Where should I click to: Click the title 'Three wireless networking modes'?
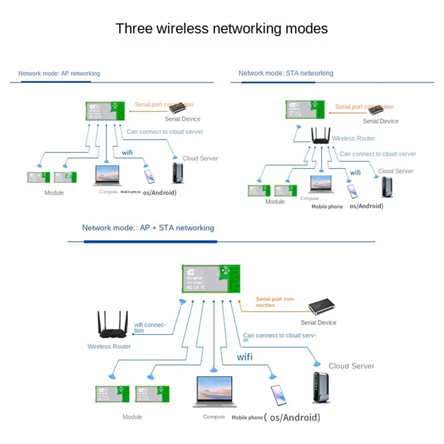pos(221,28)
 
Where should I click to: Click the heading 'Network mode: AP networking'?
pos(59,73)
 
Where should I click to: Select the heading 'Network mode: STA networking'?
pos(286,73)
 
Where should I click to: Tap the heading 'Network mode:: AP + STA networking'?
pos(148,228)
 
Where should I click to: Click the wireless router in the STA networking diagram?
pos(320,135)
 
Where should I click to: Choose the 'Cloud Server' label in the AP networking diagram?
pos(200,158)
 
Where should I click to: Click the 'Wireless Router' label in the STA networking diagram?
pos(354,138)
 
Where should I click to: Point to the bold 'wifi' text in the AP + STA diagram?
pos(245,357)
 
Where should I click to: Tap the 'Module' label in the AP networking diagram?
pos(54,193)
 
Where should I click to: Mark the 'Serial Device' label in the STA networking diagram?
pos(381,121)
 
